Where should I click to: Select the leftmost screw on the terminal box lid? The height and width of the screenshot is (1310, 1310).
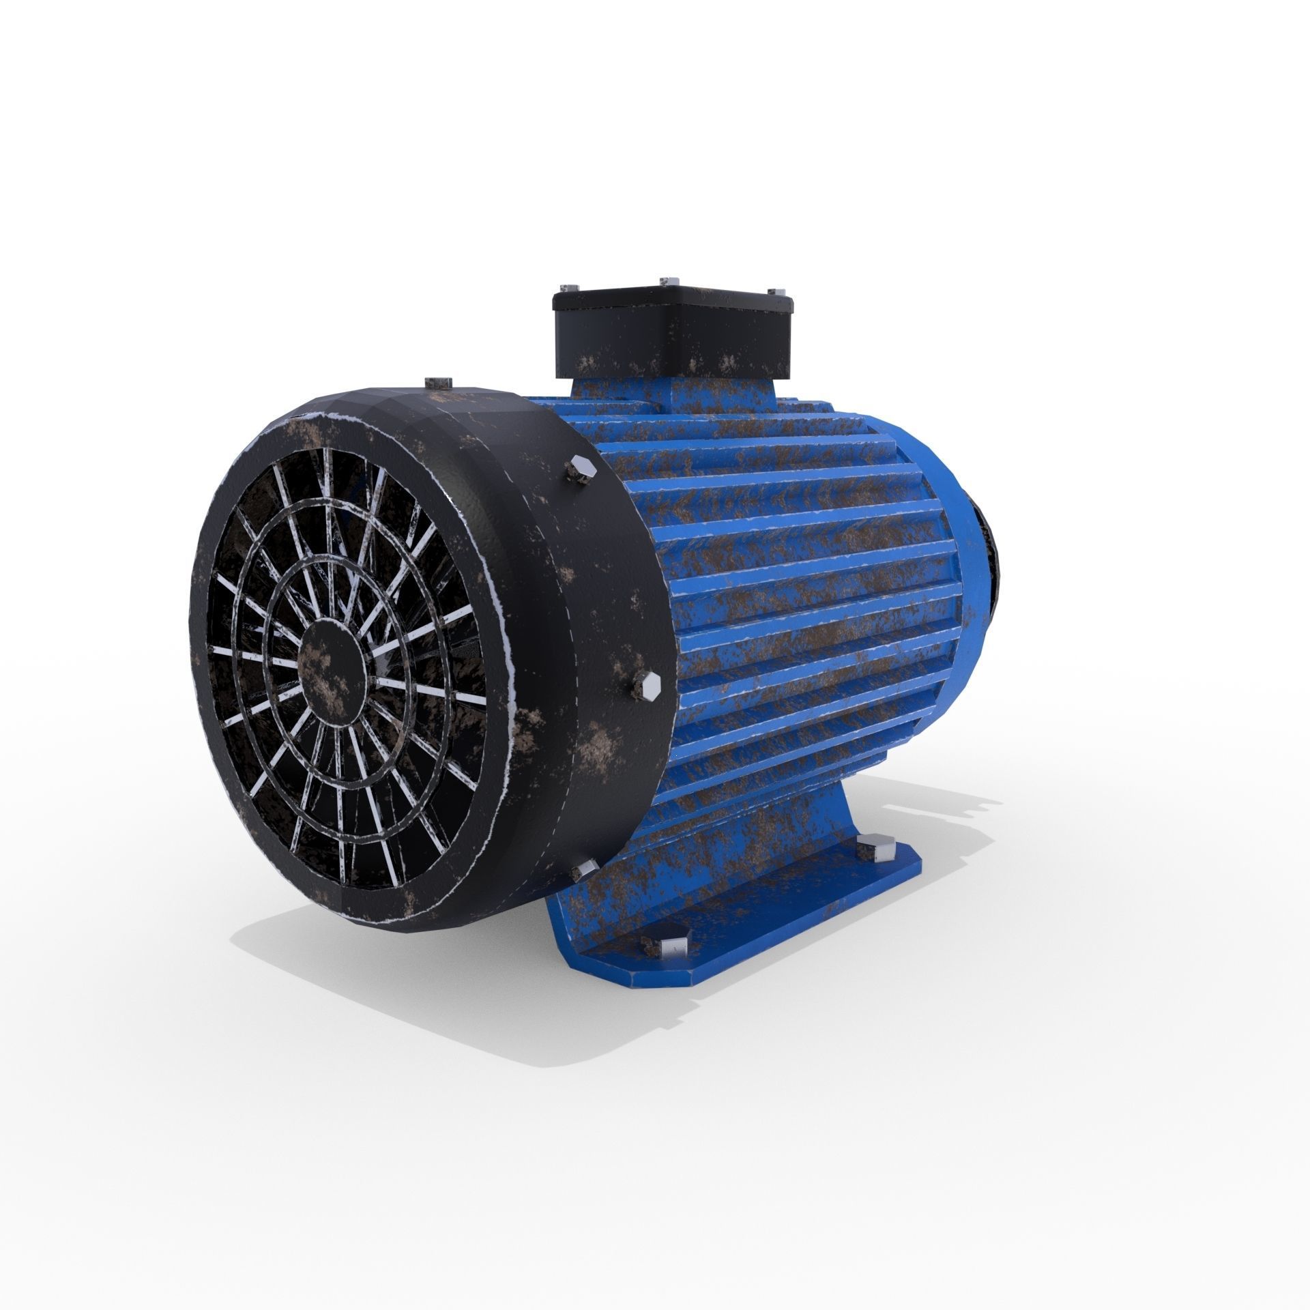tap(568, 287)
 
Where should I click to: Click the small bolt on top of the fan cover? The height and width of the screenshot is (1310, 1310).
tap(435, 384)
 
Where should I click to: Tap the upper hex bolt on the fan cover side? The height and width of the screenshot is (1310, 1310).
tap(581, 469)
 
